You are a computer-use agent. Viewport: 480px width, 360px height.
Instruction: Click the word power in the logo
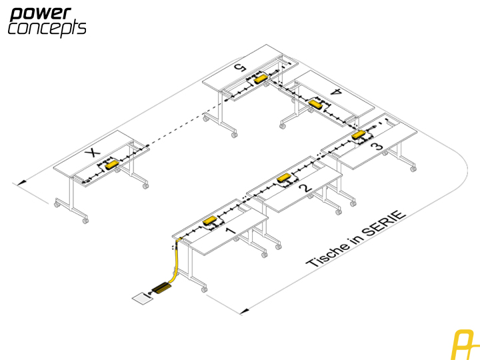[41, 15]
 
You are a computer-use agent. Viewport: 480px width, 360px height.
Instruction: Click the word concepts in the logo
[47, 29]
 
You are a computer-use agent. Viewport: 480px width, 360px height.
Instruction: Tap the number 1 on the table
[231, 230]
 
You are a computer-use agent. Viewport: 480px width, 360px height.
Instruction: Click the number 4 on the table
[336, 91]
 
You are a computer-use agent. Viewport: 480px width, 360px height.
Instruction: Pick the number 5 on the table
[240, 67]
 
